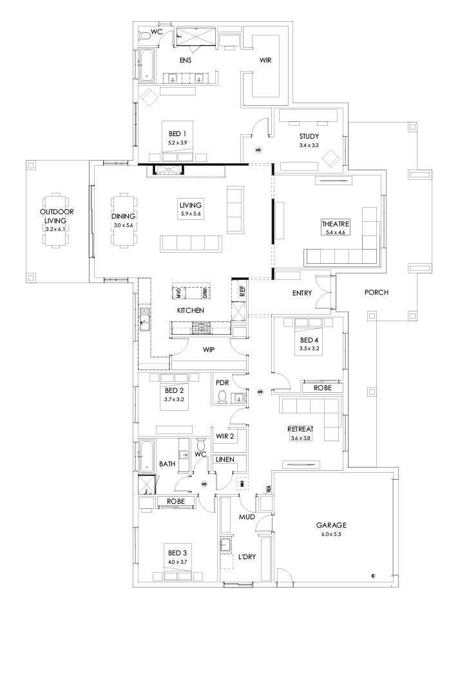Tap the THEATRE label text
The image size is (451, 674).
click(x=335, y=224)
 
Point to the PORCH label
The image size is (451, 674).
click(x=377, y=292)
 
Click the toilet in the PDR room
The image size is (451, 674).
click(x=223, y=396)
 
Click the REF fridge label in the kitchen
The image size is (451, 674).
click(x=242, y=291)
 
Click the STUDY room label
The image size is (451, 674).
click(x=309, y=137)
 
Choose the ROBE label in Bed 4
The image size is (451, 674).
click(x=322, y=388)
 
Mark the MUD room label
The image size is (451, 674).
click(x=247, y=517)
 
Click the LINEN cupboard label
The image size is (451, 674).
click(x=225, y=459)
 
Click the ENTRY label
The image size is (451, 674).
click(x=302, y=293)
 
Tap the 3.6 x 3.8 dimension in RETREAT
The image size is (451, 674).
click(x=300, y=438)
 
